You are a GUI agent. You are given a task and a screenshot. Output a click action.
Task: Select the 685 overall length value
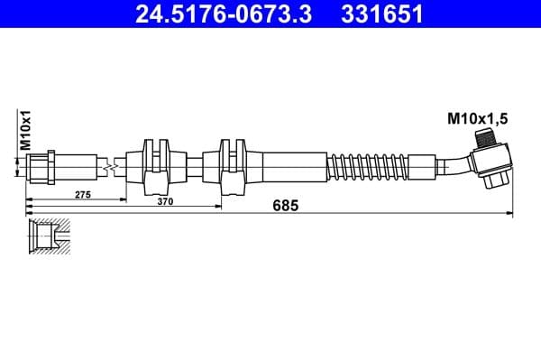pos(286,206)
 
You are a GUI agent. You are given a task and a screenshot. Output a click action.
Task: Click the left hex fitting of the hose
pos(43,167)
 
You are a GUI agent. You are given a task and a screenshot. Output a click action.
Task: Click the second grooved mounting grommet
pos(234,165)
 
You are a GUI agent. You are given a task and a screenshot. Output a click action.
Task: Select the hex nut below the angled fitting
pos(492,180)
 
